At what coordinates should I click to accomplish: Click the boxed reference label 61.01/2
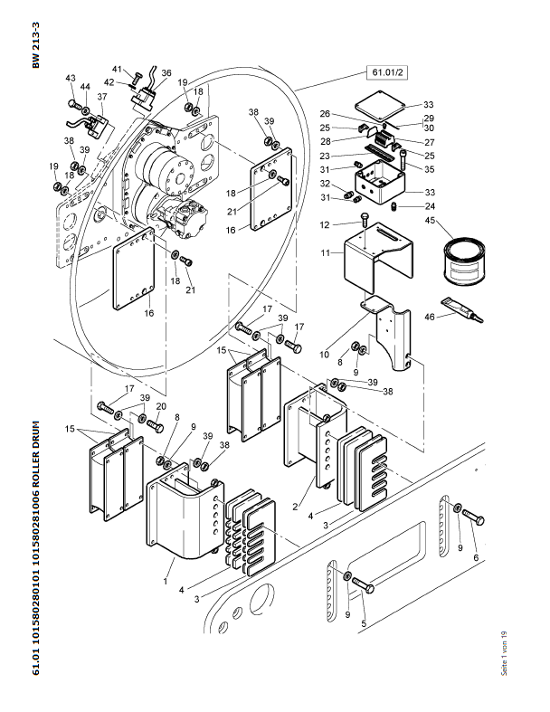(x=387, y=72)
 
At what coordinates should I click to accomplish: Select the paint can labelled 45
(x=464, y=261)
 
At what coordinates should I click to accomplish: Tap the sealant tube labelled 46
(x=462, y=309)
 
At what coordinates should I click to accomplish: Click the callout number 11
(x=325, y=252)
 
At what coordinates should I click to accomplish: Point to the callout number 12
(x=325, y=224)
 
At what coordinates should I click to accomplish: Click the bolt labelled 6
(x=473, y=517)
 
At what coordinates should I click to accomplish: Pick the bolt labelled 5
(x=363, y=584)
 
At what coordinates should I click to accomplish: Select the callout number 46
(x=429, y=317)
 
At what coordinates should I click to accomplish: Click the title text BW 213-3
(x=36, y=45)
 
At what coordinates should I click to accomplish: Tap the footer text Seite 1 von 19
(x=504, y=653)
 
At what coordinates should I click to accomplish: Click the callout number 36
(x=166, y=72)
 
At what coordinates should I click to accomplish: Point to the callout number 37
(x=102, y=97)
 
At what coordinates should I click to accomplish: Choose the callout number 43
(x=71, y=78)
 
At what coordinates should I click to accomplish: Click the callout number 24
(x=430, y=206)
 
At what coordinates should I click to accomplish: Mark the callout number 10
(x=324, y=354)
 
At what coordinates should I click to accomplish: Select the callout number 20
(x=161, y=406)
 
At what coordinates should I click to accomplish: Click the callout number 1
(x=166, y=581)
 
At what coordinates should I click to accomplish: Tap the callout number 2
(x=295, y=507)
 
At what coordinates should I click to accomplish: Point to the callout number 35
(x=429, y=169)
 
